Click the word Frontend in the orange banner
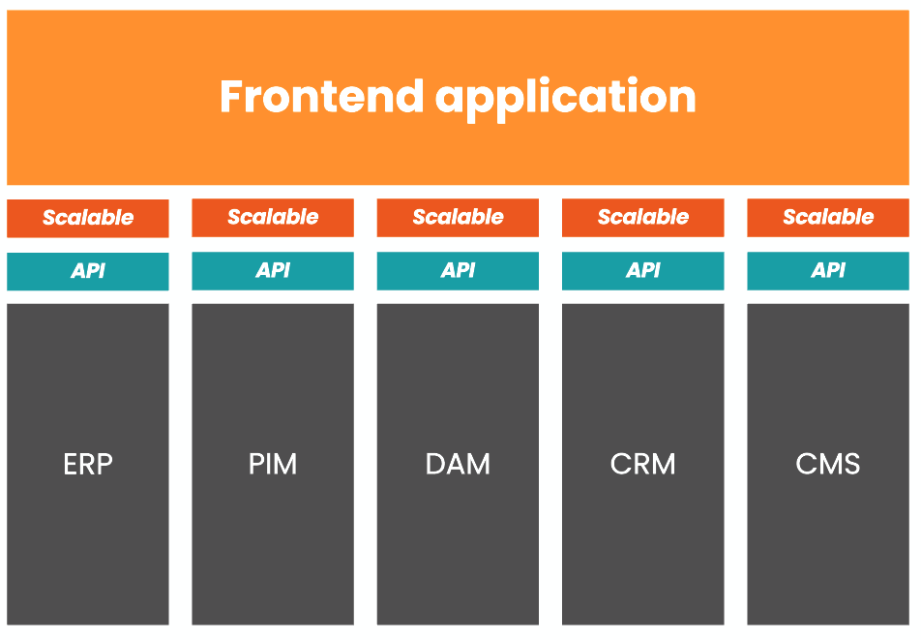[x=321, y=97]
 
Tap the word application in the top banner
[x=566, y=99]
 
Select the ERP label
[x=88, y=465]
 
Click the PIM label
[x=273, y=465]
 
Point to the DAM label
[x=458, y=465]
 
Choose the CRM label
[x=642, y=465]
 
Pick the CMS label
[x=827, y=465]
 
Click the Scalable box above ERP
[x=88, y=219]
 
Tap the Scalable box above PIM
[x=273, y=218]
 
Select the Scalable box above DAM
[x=458, y=218]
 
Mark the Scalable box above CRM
[x=642, y=218]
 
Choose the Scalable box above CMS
[x=827, y=218]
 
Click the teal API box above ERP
[x=88, y=271]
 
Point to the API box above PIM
[x=273, y=271]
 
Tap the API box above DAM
[x=458, y=271]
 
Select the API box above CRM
[x=642, y=271]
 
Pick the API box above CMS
[x=827, y=271]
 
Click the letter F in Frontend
[x=231, y=97]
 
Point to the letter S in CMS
[x=851, y=465]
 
